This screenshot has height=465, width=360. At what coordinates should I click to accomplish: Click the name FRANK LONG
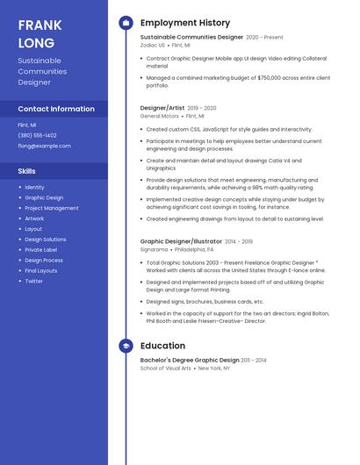36,34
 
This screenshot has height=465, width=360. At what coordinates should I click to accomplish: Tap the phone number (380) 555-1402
37,135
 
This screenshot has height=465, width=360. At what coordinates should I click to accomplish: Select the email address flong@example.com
44,146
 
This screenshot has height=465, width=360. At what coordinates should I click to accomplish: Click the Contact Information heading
56,109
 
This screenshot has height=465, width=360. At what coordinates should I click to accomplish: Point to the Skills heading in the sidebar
27,171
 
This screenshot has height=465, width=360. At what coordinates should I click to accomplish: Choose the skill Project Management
52,208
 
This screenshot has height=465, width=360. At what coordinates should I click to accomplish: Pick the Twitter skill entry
33,281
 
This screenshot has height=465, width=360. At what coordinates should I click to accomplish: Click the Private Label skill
40,250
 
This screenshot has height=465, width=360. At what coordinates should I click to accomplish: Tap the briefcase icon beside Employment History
126,23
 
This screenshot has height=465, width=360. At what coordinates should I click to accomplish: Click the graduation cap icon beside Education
126,346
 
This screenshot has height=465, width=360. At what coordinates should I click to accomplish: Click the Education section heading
162,346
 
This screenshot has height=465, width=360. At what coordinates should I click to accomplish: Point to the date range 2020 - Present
264,38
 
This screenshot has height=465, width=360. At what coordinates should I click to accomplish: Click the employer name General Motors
160,116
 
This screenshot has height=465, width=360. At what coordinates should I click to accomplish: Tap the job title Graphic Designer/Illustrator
181,241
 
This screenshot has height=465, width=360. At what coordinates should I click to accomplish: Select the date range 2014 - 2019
238,241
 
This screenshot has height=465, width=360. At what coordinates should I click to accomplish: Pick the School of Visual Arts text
165,368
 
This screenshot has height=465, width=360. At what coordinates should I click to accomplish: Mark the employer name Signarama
154,249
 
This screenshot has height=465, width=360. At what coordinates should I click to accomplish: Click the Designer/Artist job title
162,108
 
